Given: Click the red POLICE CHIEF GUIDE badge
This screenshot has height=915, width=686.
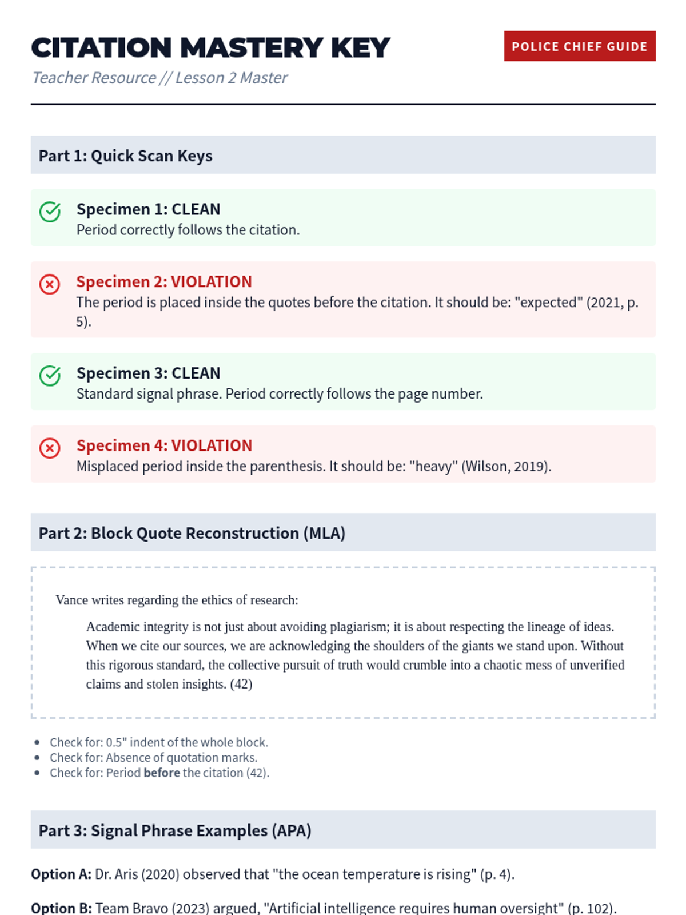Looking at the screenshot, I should [x=579, y=46].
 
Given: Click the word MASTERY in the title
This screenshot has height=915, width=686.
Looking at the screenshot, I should [x=252, y=48].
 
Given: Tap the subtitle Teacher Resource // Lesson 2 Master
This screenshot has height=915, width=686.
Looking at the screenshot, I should [x=159, y=78].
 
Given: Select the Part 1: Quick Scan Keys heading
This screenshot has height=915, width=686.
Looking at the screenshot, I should [x=125, y=156].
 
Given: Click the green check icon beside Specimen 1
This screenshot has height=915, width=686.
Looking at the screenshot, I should [x=50, y=212].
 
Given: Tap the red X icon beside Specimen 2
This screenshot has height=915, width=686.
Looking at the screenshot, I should [x=50, y=284].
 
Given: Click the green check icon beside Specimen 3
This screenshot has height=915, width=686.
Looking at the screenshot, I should [x=50, y=376].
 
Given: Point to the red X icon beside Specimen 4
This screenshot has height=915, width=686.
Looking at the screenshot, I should [x=50, y=448].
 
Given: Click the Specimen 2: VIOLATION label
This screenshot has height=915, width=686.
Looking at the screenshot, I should [x=164, y=281].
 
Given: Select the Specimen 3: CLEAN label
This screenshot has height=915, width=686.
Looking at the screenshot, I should [x=148, y=373].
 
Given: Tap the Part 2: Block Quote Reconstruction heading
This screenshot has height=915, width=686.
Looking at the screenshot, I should [x=192, y=533].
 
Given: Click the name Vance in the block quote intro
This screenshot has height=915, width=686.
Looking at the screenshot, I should [x=72, y=600].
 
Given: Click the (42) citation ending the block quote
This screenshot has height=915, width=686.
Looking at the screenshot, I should [x=241, y=684].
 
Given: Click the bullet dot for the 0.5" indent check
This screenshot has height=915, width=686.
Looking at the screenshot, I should [x=37, y=742].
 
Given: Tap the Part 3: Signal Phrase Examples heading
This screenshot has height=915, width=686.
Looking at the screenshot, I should [x=174, y=830].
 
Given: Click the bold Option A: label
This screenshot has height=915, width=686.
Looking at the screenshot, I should [x=61, y=874].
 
